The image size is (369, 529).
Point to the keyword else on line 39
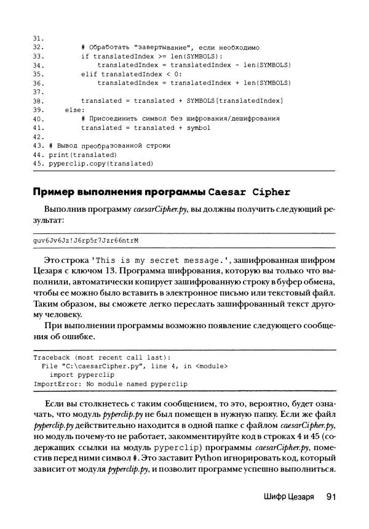point(73,110)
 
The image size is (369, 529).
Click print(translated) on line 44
point(74,155)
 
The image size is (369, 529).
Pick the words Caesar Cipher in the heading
point(250,192)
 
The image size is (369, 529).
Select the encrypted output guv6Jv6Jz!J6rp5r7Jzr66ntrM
point(86,240)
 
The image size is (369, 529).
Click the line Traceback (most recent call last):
point(102,357)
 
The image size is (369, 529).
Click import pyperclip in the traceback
point(79,374)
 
